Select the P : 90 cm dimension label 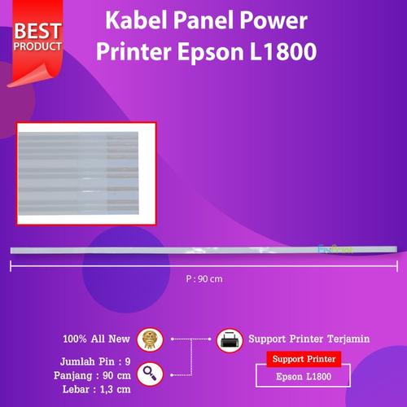[203, 278]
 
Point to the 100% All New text [96, 337]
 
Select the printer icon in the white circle [229, 338]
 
